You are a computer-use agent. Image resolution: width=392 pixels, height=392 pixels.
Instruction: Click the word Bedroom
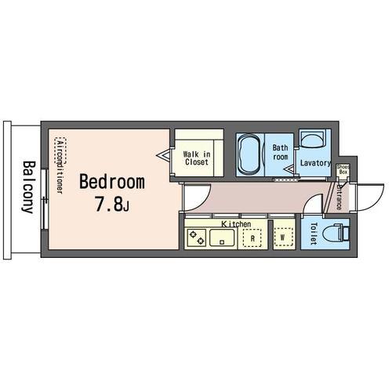point(112,182)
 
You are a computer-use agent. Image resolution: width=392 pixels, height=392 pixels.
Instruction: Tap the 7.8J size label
point(112,204)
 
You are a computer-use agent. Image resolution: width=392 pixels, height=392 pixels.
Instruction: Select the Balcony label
point(28,187)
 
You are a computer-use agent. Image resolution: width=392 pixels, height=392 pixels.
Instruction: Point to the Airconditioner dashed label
point(60,165)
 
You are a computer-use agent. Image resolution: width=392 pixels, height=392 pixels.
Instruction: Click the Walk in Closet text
point(197,158)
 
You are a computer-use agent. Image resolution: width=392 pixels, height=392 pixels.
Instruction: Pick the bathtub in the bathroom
point(249,154)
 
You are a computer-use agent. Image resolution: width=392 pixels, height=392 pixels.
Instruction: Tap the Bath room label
point(280,152)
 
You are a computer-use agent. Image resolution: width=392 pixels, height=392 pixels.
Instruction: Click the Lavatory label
point(315,163)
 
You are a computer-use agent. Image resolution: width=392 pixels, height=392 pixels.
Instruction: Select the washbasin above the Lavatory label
point(312,139)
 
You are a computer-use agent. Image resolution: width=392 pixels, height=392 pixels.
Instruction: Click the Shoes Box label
point(343,169)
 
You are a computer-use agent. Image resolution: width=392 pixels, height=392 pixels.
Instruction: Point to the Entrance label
point(339,196)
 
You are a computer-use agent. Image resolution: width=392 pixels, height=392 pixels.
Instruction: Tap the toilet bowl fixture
point(336,232)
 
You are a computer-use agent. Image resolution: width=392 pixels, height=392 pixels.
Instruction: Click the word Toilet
point(314,234)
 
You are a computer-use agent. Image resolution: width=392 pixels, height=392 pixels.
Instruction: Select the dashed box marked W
point(283,238)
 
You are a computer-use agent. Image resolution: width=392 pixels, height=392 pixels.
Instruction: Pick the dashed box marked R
point(252,238)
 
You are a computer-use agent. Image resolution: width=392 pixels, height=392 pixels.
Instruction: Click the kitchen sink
point(222,238)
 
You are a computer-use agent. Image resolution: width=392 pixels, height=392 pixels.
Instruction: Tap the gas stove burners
point(197,238)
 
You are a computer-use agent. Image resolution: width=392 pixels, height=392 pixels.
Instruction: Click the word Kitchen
point(236,224)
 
